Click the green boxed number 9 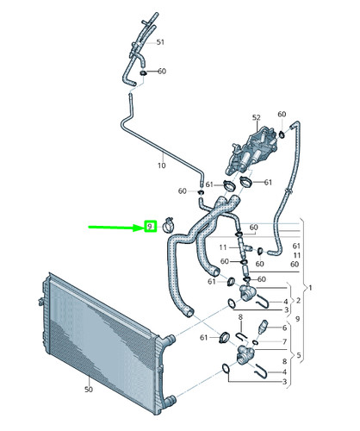point(150,227)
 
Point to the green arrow point(116,228)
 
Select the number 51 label point(159,41)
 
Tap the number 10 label point(160,165)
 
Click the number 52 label point(256,117)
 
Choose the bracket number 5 point(300,356)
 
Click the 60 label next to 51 point(161,72)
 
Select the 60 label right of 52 point(282,114)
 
